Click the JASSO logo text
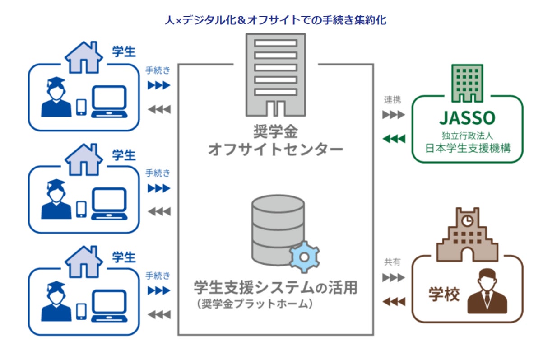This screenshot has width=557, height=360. click(467, 118)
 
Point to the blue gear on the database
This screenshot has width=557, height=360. click(304, 256)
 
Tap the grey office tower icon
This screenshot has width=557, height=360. click(275, 75)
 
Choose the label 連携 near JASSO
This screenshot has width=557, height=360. click(392, 100)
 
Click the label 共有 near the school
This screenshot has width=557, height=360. click(392, 262)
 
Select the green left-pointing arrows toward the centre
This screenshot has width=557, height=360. click(394, 139)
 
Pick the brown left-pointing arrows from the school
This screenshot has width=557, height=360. click(394, 301)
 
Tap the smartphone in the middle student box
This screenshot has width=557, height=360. click(81, 209)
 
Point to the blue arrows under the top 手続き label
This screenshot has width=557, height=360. click(159, 85)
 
